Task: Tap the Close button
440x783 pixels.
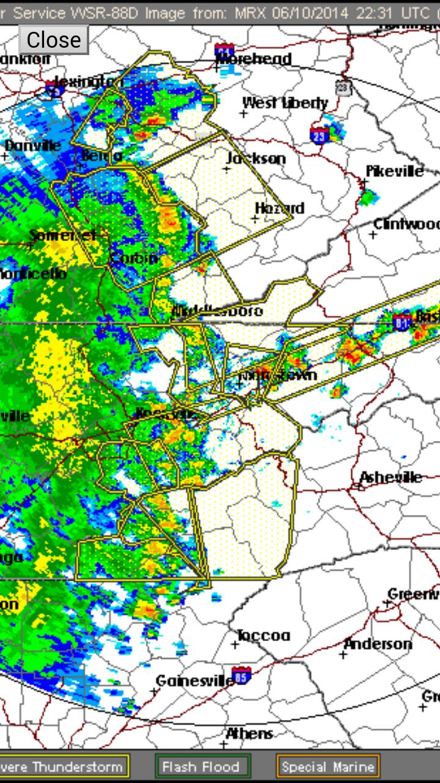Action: [54, 40]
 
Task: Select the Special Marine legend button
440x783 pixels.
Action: [328, 766]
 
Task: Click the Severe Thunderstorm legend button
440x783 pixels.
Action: [64, 766]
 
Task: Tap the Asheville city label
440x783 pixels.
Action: [391, 477]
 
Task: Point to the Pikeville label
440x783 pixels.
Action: [394, 171]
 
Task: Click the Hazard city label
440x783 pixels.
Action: [279, 208]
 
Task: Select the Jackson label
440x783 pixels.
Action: [256, 158]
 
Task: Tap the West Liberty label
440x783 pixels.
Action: [285, 103]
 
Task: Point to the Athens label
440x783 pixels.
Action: [249, 733]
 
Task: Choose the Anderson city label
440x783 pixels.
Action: [378, 644]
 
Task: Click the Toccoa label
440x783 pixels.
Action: [263, 636]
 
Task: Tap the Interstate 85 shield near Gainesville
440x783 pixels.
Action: [242, 675]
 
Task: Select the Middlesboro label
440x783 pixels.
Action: [217, 311]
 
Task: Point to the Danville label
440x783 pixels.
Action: [33, 146]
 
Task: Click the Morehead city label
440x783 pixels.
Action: [254, 59]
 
